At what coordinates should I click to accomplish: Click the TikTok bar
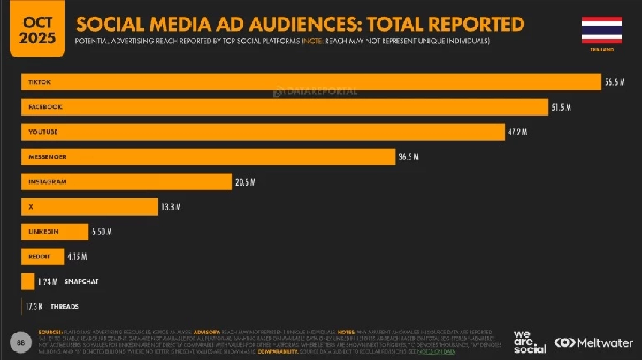[310, 82]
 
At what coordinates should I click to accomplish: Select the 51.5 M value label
[561, 107]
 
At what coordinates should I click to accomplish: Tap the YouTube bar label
[43, 132]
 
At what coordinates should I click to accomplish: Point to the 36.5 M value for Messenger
[408, 157]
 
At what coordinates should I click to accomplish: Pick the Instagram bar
[126, 182]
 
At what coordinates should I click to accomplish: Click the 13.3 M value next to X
[171, 207]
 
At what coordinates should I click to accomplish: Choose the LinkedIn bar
[55, 232]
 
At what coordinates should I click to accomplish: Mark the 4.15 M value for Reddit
[77, 257]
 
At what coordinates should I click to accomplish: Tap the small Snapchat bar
[28, 281]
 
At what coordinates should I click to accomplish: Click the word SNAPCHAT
[81, 281]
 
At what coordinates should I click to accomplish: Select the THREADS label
[65, 307]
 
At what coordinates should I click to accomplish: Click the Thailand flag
[602, 30]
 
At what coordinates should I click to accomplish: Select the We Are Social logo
[530, 342]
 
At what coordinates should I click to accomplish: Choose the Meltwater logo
[593, 342]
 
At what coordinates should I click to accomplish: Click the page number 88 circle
[20, 342]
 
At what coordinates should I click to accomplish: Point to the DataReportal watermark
[315, 91]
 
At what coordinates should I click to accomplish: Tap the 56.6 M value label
[615, 82]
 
